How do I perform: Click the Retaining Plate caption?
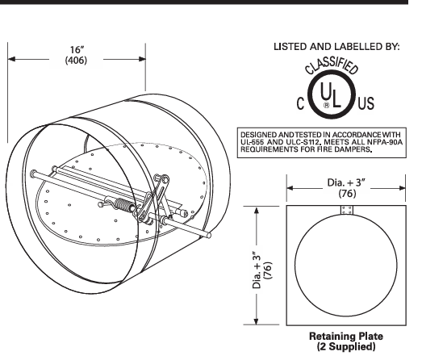pyautogui.click(x=346, y=334)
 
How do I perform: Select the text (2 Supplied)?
pyautogui.click(x=346, y=345)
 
